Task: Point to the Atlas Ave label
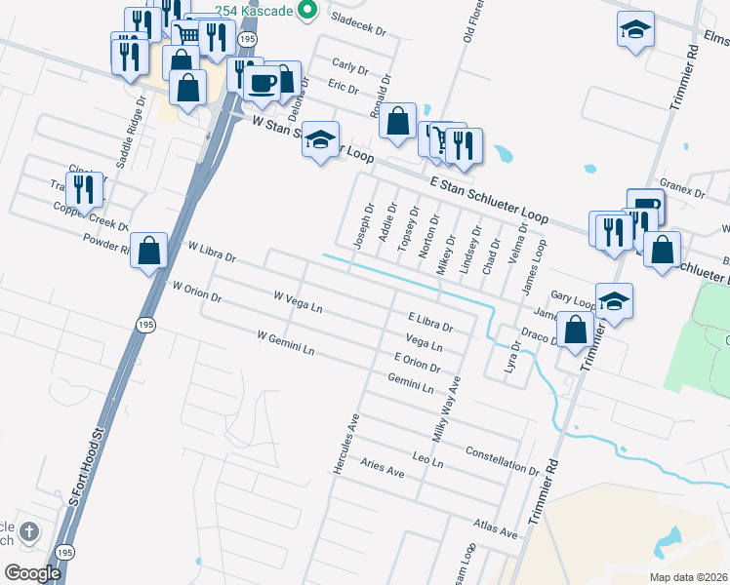pyautogui.click(x=494, y=528)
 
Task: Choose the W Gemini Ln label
pyautogui.click(x=286, y=341)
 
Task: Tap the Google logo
pyautogui.click(x=32, y=572)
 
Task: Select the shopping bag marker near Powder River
pyautogui.click(x=148, y=252)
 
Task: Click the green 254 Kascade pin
pyautogui.click(x=308, y=10)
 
